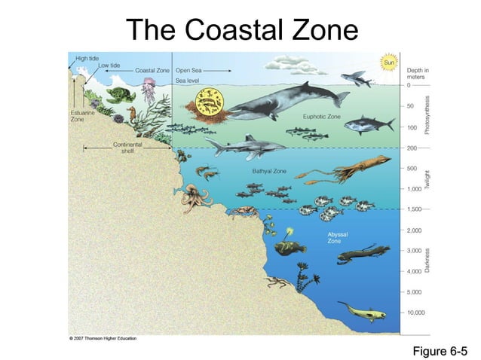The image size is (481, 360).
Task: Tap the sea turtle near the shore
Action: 120,95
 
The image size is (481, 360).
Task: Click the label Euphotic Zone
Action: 322,117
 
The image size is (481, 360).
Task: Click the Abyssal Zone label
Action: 337,237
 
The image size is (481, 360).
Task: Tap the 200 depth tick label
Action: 412,148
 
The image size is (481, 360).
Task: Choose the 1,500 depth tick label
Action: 415,209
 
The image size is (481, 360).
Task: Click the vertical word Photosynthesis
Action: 427,115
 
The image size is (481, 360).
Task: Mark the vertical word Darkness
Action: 427,260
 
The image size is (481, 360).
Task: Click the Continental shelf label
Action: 127,147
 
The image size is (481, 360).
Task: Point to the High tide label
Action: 87,57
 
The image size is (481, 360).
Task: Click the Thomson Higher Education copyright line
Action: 103,339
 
